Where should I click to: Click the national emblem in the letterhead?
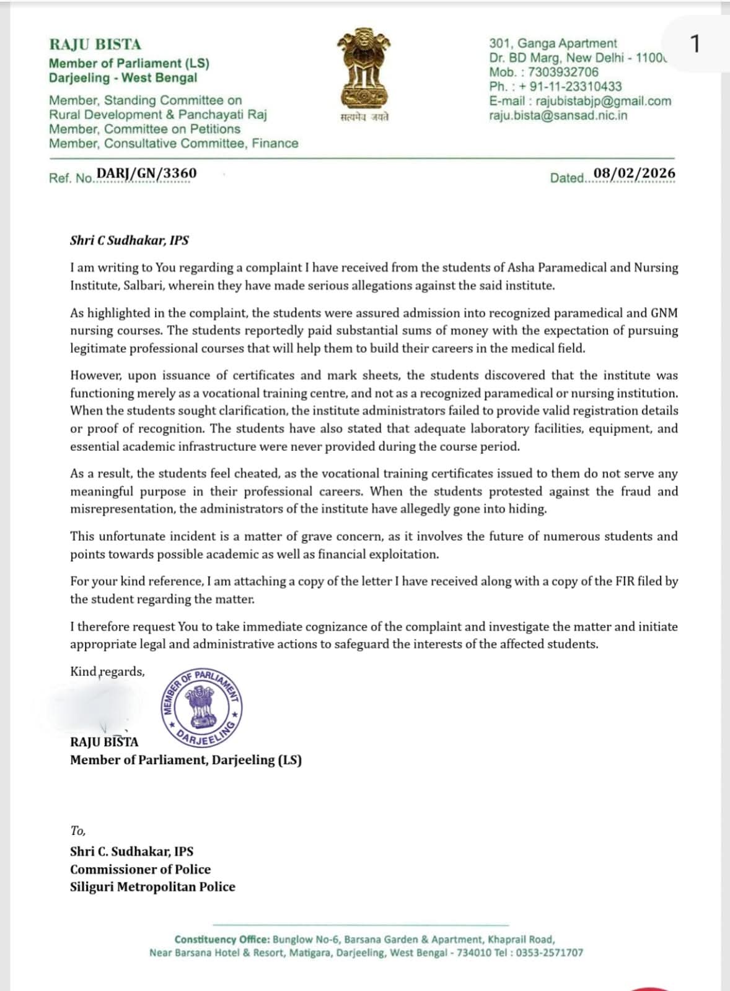tap(364, 69)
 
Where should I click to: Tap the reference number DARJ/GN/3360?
tap(146, 173)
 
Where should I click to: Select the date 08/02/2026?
tap(634, 173)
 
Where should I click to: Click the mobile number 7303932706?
tap(563, 72)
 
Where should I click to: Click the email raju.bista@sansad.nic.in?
tap(558, 115)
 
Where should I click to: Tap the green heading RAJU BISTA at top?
tap(95, 45)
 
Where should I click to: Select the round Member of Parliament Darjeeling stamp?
tap(201, 706)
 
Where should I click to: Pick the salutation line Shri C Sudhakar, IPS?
tap(130, 240)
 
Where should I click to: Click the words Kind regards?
tap(107, 671)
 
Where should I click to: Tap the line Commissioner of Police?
tap(140, 869)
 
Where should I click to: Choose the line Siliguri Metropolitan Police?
tap(152, 886)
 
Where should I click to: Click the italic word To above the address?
tap(77, 831)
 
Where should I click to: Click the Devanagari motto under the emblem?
tap(364, 118)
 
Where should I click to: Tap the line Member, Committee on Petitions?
tap(144, 129)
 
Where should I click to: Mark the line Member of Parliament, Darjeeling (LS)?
tap(185, 760)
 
